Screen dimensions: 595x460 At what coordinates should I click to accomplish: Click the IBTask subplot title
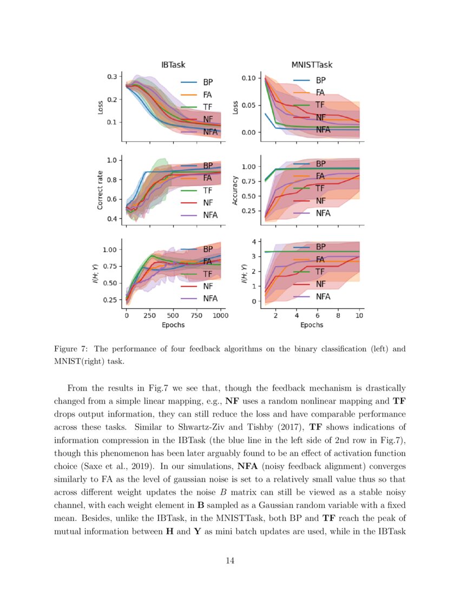[173, 65]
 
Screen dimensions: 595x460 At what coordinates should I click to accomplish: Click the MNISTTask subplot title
[312, 65]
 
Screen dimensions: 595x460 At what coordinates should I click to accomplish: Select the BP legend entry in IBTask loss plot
[208, 83]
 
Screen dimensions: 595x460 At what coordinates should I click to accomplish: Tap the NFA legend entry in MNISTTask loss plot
[323, 130]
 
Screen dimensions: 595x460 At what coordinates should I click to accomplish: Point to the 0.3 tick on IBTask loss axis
[113, 77]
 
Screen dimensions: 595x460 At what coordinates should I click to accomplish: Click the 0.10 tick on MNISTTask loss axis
[248, 78]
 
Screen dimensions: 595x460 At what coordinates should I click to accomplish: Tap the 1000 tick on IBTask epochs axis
[220, 315]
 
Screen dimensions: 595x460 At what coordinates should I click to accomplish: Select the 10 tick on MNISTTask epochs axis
[359, 315]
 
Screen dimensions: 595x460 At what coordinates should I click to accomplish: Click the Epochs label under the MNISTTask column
[312, 325]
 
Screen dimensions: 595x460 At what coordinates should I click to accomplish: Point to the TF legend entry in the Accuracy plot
[320, 188]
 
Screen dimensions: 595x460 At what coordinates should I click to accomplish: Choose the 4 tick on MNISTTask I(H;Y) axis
[253, 241]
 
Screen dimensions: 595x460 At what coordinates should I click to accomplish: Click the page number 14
[230, 561]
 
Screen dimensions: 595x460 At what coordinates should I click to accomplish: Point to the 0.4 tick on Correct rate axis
[111, 219]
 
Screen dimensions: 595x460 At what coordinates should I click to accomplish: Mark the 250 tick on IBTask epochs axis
[150, 315]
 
